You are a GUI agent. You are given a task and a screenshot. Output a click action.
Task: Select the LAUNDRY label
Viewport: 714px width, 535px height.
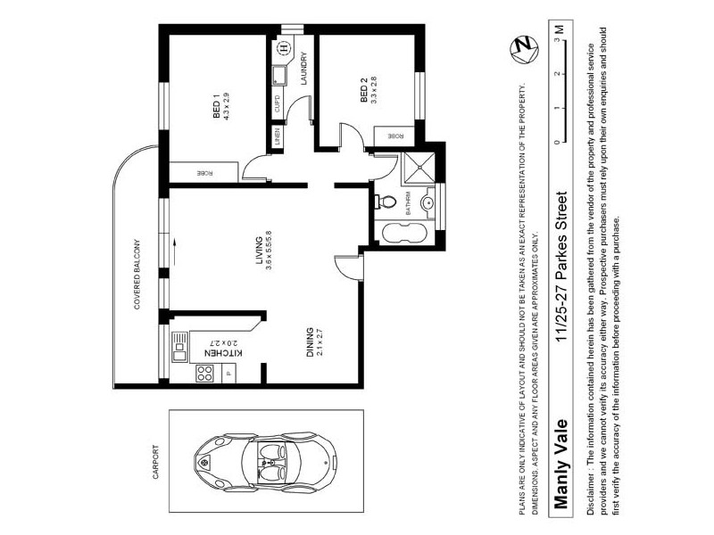click(x=303, y=69)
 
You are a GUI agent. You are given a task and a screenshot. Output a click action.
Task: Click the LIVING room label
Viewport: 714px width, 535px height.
click(x=260, y=251)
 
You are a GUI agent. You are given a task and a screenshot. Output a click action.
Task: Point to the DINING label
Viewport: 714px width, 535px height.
click(x=311, y=342)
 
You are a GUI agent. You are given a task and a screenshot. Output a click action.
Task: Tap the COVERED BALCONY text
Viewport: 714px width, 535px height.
click(x=138, y=273)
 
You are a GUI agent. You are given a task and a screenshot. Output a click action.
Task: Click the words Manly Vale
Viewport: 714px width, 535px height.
click(x=560, y=463)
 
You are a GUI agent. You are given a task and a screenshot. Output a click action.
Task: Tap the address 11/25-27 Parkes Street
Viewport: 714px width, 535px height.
click(x=560, y=264)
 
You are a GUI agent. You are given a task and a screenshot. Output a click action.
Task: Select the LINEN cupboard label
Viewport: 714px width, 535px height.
click(x=278, y=136)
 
